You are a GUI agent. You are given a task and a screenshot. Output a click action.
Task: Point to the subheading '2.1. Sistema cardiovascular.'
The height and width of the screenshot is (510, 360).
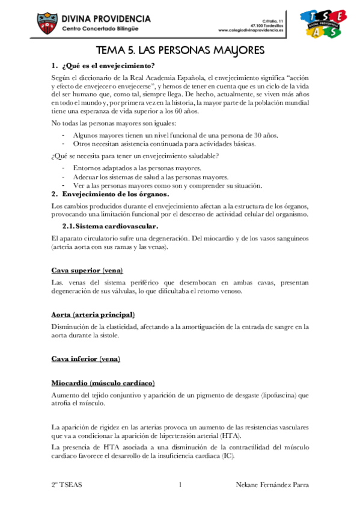coord(111,226)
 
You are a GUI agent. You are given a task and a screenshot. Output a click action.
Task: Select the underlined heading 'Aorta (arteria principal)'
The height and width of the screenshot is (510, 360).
coord(93,315)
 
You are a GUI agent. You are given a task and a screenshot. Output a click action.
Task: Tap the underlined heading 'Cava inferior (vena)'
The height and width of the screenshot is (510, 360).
coord(86,359)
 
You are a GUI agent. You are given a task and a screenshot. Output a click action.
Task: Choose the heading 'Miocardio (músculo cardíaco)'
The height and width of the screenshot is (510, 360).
coord(103,382)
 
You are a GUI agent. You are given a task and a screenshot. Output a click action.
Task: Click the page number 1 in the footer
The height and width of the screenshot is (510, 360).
coord(180,485)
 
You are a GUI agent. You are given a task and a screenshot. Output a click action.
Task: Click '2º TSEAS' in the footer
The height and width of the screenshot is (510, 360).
coord(67,485)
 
